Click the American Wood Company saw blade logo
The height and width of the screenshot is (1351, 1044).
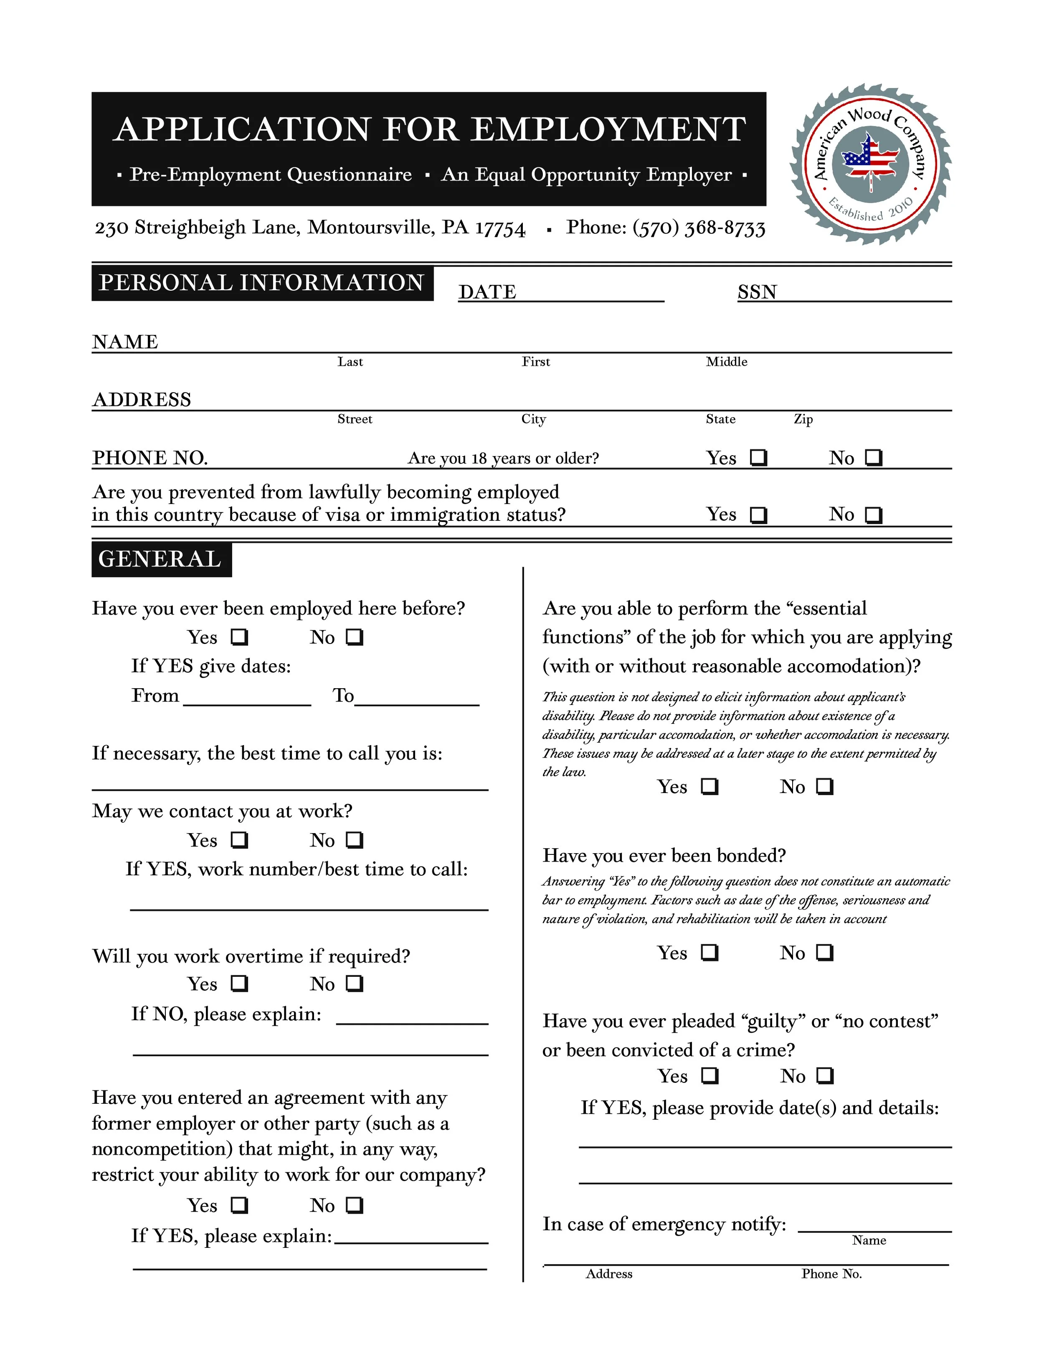(870, 164)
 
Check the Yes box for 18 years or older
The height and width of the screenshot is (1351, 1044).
(758, 458)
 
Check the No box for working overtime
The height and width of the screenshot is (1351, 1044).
(355, 983)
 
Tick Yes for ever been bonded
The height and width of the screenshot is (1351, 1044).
(710, 952)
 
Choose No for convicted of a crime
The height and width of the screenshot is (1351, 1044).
(824, 1076)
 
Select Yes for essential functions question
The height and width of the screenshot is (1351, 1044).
(710, 786)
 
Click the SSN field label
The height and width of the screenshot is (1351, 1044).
(757, 292)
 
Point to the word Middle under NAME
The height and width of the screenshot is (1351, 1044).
(726, 362)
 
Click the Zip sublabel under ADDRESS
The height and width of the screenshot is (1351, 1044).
(803, 419)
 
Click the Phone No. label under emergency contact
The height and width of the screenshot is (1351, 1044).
(831, 1274)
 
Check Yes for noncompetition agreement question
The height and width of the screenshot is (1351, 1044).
(239, 1205)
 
